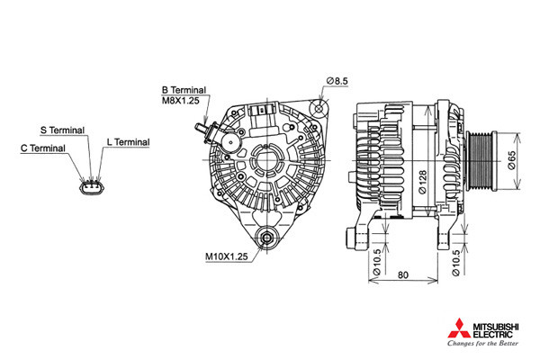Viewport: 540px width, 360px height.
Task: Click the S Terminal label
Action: point(62,130)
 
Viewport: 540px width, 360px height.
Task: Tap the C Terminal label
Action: point(43,148)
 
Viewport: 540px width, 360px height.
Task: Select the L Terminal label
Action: point(128,142)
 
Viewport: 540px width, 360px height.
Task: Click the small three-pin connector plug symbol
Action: point(92,187)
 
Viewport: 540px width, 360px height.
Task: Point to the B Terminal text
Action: point(184,90)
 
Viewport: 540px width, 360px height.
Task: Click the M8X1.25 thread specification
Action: point(181,101)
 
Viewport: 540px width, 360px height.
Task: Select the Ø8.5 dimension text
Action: point(337,81)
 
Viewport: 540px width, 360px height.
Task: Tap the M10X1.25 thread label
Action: point(227,256)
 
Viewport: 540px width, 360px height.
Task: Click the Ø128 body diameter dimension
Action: point(423,181)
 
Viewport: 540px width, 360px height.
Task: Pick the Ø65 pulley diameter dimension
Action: point(511,160)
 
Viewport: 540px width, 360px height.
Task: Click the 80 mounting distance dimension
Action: point(403,274)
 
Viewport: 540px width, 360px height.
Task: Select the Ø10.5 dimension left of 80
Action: point(377,262)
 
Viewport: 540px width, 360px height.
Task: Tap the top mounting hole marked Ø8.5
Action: point(319,109)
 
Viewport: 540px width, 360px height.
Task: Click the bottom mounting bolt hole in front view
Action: point(266,238)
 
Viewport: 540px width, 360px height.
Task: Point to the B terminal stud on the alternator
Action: point(201,128)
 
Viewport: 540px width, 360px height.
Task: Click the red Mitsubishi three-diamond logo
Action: point(459,328)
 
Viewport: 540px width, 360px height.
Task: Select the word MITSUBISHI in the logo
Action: point(496,327)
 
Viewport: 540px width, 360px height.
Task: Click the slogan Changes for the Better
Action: point(482,343)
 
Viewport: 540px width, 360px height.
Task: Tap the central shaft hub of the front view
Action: point(267,160)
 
